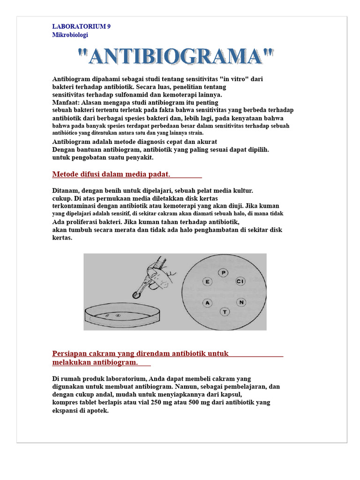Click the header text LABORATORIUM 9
point(81,26)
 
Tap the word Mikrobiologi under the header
point(70,35)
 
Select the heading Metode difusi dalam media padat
point(111,175)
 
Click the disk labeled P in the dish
point(224,272)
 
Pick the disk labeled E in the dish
point(207,281)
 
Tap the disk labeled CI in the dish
point(240,281)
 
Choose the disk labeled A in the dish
point(207,303)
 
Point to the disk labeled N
point(240,302)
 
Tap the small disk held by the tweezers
point(136,295)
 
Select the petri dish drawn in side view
point(122,318)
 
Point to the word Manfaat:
point(65,103)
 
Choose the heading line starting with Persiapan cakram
point(140,353)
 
